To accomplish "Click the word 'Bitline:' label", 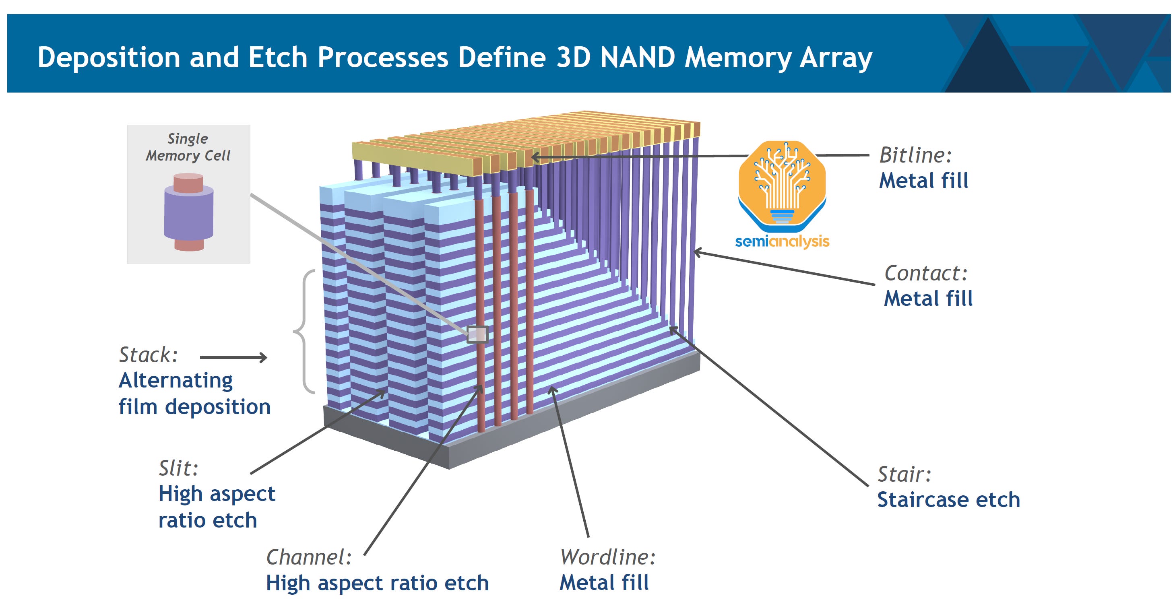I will coord(915,155).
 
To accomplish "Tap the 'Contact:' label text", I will coord(925,273).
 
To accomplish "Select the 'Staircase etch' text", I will coord(948,500).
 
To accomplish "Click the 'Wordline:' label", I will coord(607,557).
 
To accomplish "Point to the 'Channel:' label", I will coord(309,557).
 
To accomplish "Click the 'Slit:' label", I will coord(178,468).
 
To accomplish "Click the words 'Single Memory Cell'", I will coord(188,147).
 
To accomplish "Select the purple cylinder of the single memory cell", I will coord(188,214).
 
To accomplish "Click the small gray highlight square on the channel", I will coord(477,334).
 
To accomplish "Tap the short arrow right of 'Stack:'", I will coord(233,357).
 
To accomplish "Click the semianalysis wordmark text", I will coord(782,241).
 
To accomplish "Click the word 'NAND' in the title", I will coord(637,58).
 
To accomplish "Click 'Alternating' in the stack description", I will coord(176,380).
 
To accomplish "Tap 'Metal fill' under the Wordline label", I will coord(604,583).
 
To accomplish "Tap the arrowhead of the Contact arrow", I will coord(696,251).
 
